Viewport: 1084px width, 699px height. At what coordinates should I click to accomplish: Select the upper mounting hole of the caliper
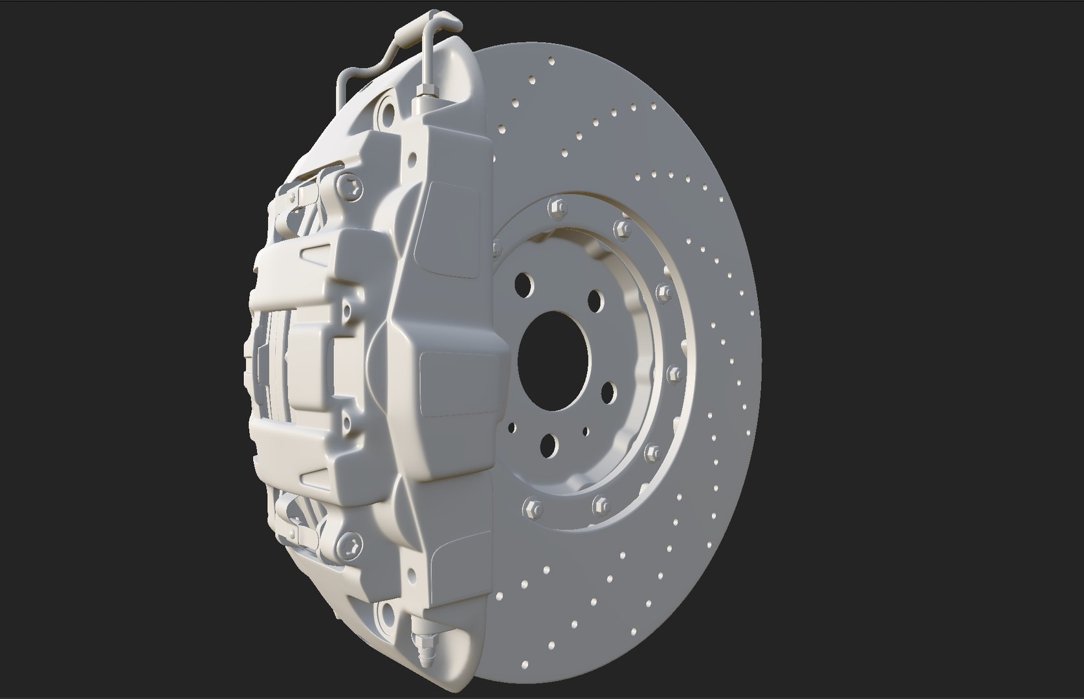tap(387, 113)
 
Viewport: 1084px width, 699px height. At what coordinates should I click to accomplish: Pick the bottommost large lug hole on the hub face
tap(549, 444)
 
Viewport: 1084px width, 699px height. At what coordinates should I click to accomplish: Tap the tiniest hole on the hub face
tap(585, 430)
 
